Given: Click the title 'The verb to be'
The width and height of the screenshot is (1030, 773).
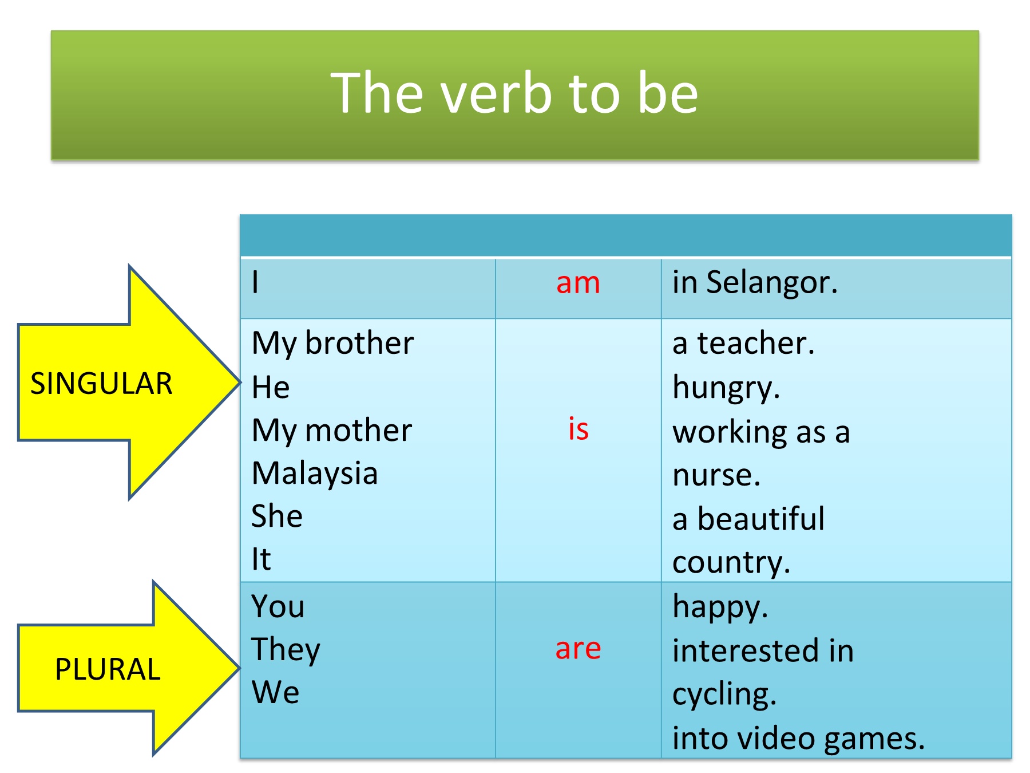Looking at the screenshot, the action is coord(514,93).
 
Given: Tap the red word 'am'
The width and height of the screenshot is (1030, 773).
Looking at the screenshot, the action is coord(578,283).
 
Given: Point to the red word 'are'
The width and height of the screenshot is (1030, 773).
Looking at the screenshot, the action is coord(578,649).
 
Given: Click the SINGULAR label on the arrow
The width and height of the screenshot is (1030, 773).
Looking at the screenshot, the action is coord(101,384).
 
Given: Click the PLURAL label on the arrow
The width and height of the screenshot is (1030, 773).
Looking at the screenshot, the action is coord(108,669).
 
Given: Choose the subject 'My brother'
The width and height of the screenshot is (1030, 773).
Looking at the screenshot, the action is coord(332,344).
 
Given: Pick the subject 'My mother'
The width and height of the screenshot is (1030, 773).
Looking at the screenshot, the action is coord(332,431).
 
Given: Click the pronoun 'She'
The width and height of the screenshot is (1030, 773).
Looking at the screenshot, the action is coord(277,516).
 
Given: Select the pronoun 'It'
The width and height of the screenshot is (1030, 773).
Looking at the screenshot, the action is coord(261,559).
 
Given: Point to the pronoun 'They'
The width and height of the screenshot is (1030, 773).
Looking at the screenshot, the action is coord(286,650).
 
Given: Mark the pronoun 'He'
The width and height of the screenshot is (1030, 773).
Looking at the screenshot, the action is coord(271,387).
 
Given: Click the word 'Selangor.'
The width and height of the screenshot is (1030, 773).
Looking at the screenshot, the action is coord(772,283).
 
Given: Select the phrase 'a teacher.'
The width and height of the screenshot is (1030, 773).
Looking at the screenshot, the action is coord(743,344).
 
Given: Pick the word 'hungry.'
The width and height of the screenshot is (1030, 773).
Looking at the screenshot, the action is coord(726,388).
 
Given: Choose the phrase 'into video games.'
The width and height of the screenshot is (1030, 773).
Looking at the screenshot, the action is coord(798,739).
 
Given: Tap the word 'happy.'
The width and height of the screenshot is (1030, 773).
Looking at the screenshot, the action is coord(720,607).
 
